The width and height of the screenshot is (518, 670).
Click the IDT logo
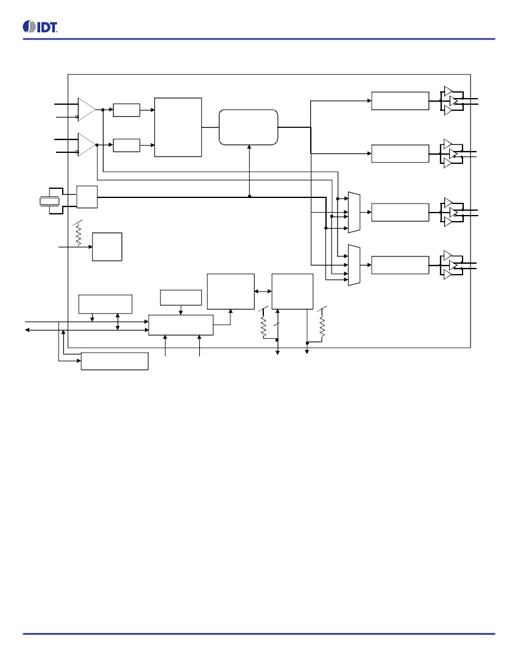[x=40, y=26]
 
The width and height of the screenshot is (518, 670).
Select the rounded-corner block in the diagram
[x=248, y=127]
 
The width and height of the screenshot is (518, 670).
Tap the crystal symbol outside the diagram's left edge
[x=49, y=201]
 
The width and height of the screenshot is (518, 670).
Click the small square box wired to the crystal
[x=87, y=197]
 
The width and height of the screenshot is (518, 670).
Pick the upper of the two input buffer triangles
[x=87, y=110]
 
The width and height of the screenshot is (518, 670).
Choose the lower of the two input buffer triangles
[x=87, y=145]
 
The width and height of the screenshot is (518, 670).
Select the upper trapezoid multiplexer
[x=354, y=213]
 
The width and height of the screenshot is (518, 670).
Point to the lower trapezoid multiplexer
[x=354, y=265]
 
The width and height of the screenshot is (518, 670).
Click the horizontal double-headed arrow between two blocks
[x=263, y=291]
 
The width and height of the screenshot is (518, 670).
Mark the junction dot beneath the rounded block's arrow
[x=249, y=197]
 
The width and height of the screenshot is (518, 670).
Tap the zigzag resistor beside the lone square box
[x=78, y=234]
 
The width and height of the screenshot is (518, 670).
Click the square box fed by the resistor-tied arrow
[x=107, y=247]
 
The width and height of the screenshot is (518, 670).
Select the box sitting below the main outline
[x=115, y=361]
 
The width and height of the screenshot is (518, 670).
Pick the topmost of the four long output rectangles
[x=400, y=101]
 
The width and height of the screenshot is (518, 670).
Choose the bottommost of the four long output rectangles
[x=400, y=265]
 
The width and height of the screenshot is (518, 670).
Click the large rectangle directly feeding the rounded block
[x=178, y=127]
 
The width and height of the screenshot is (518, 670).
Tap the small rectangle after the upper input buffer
[x=127, y=110]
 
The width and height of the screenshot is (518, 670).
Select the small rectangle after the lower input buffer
[x=127, y=146]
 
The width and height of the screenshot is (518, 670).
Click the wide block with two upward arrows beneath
[x=181, y=325]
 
